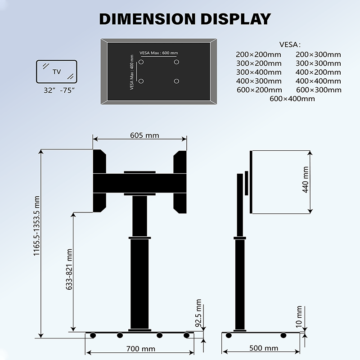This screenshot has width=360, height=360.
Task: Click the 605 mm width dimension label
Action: click(x=144, y=135)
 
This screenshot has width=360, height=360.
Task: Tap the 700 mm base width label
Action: click(x=141, y=349)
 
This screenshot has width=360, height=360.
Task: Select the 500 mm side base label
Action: click(x=264, y=348)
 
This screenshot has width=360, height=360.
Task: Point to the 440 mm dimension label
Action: click(x=306, y=180)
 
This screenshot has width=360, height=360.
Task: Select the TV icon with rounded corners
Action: click(x=57, y=72)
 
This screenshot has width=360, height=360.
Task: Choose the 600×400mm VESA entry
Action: click(x=292, y=99)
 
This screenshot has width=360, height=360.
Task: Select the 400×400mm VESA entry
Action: click(x=318, y=81)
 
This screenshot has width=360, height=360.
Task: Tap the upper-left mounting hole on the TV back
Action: click(x=141, y=62)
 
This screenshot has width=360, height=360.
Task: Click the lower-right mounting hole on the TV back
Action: click(x=176, y=81)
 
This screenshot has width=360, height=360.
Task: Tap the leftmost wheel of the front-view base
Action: click(x=93, y=335)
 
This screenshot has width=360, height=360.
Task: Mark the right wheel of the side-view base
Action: click(x=283, y=335)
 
